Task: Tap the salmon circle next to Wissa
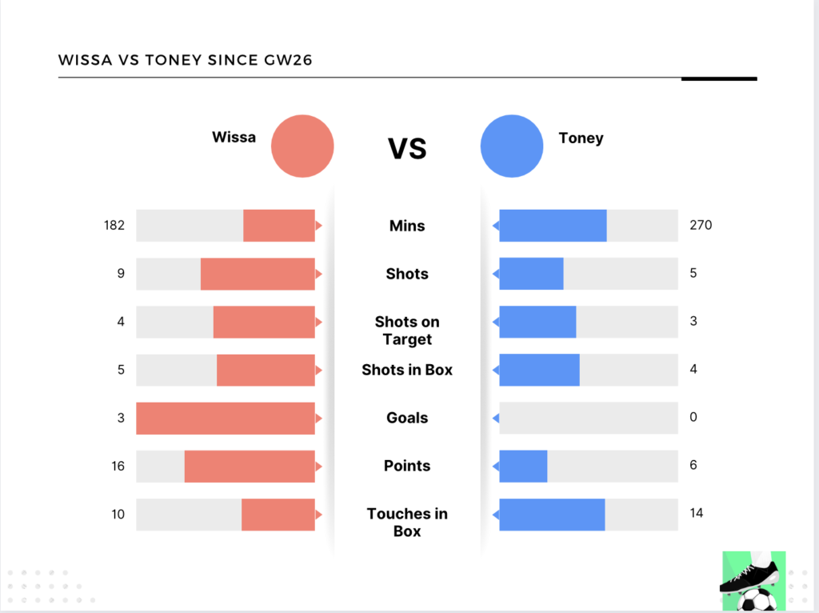point(302,146)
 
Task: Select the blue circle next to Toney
point(512,146)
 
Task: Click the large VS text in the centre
point(407,148)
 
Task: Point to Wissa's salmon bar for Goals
point(226,418)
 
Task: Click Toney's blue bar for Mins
point(553,226)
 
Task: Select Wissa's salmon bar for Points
point(250,466)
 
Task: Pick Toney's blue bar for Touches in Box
point(552,514)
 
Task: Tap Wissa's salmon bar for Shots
point(258,274)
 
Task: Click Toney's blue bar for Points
point(523,466)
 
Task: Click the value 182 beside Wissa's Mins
point(114,226)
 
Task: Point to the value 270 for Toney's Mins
point(701,225)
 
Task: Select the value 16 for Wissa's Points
point(118,466)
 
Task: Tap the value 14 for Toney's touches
point(697,513)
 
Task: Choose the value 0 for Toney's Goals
point(693,417)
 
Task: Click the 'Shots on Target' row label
point(407,331)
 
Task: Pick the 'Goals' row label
point(407,418)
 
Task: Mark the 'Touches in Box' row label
point(407,523)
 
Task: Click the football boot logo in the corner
point(753,581)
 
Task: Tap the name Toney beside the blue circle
point(581,138)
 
